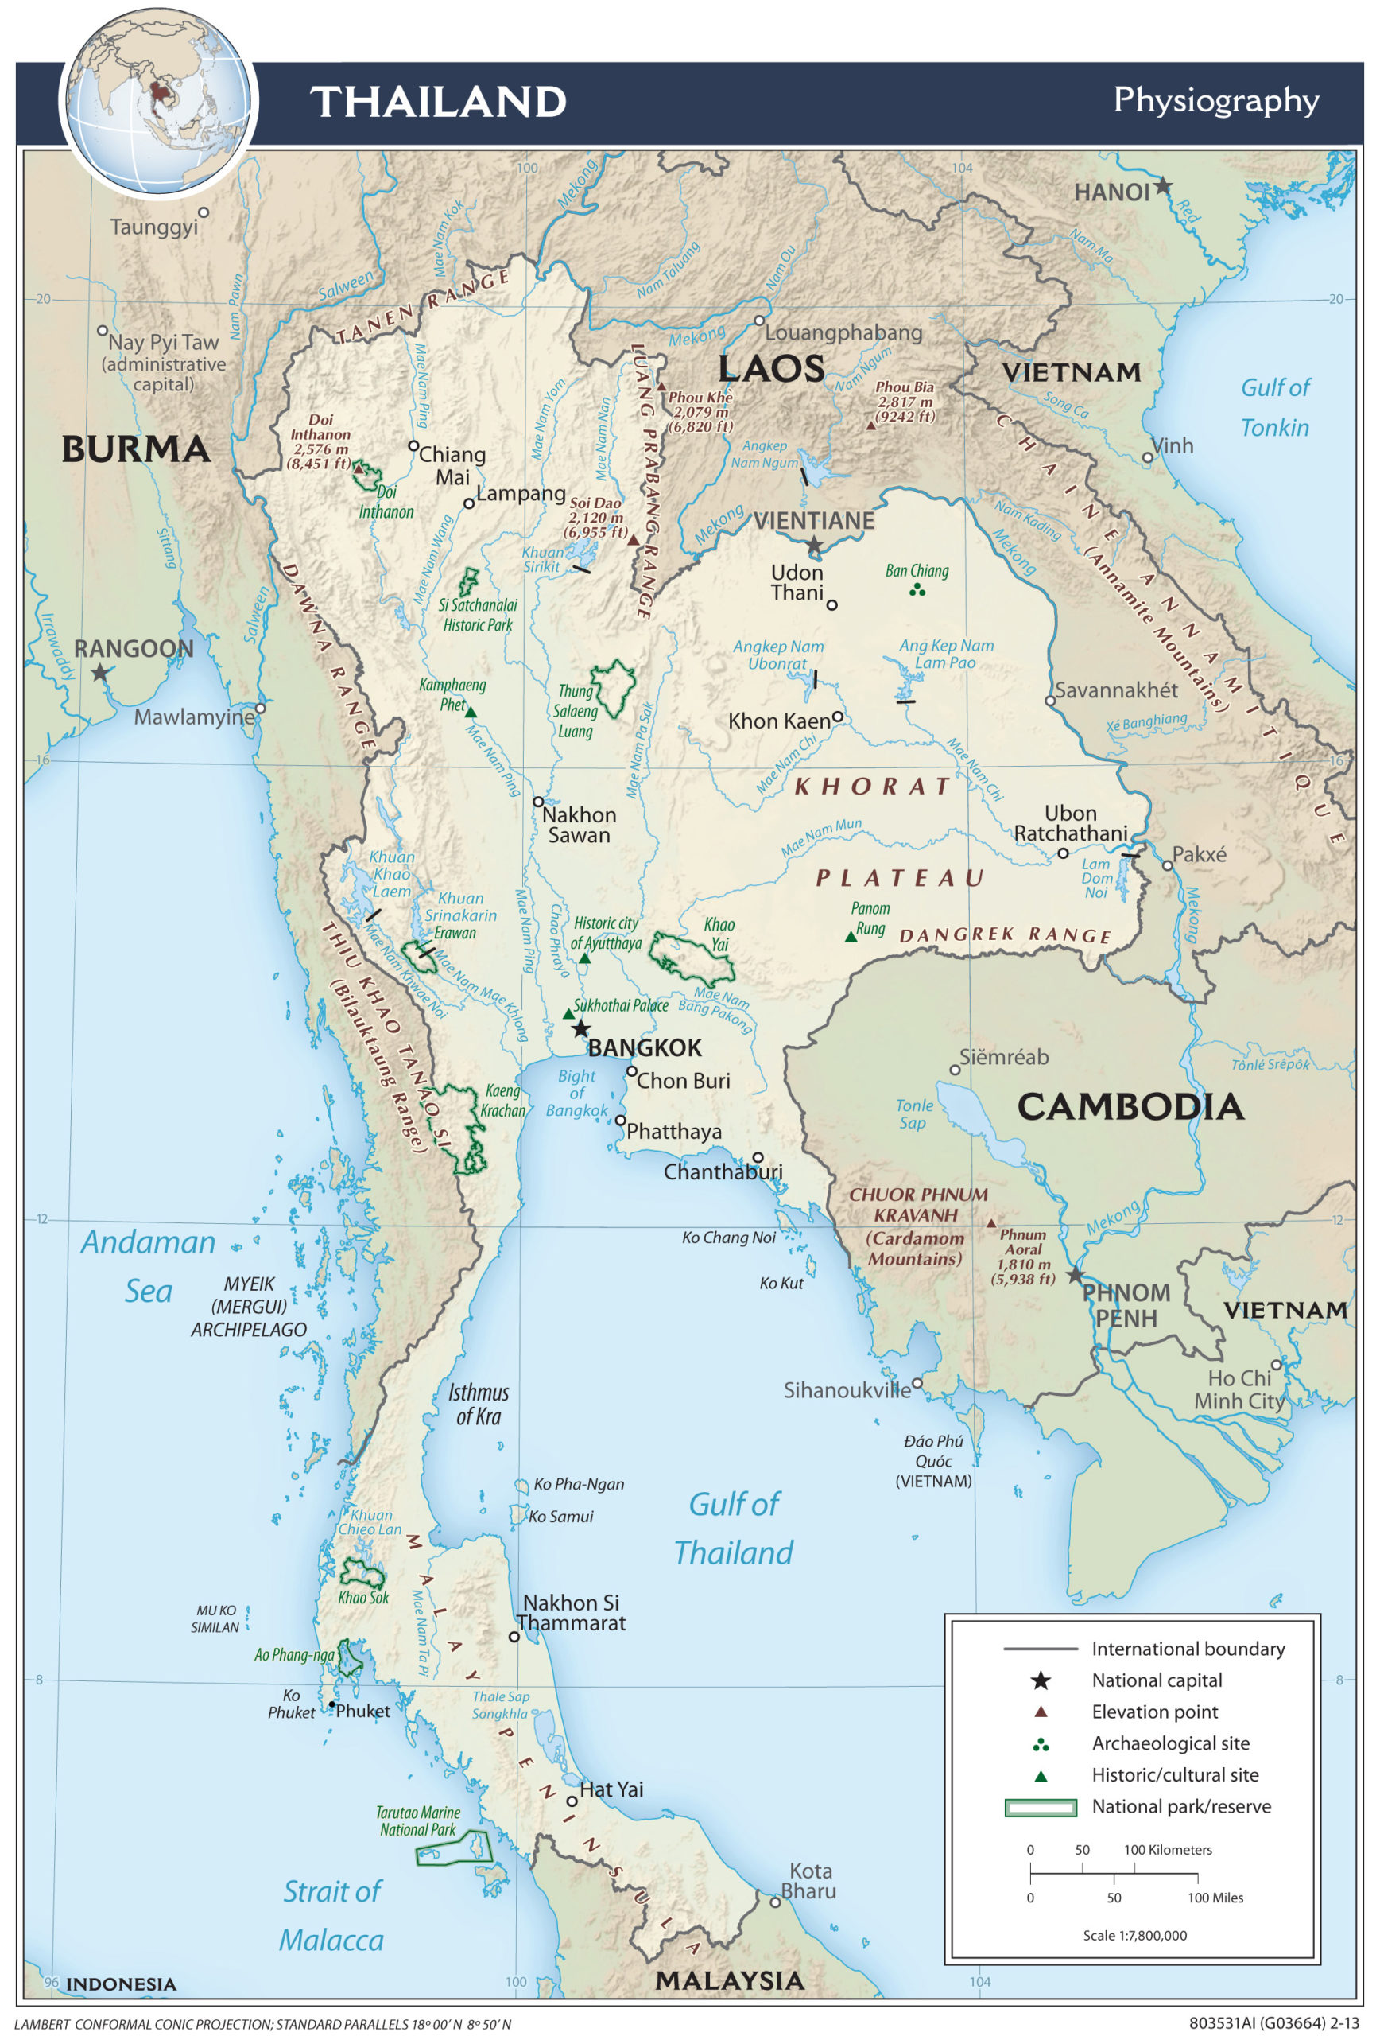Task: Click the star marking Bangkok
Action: tap(580, 1028)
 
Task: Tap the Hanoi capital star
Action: tap(1162, 186)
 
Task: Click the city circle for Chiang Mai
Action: tap(414, 445)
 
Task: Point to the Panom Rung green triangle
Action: tap(851, 937)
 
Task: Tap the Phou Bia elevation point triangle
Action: tap(870, 425)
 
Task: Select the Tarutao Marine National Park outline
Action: tap(454, 1848)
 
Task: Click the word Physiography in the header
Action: tap(1215, 100)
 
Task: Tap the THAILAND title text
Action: tap(439, 102)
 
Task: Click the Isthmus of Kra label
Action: tap(478, 1404)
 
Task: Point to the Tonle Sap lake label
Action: tap(913, 1113)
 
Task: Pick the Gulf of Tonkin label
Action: tap(1274, 407)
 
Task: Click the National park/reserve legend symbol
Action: tap(1041, 1807)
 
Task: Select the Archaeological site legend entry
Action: tap(1170, 1743)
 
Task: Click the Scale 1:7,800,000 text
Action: tap(1135, 1935)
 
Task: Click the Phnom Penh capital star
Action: tap(1076, 1275)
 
